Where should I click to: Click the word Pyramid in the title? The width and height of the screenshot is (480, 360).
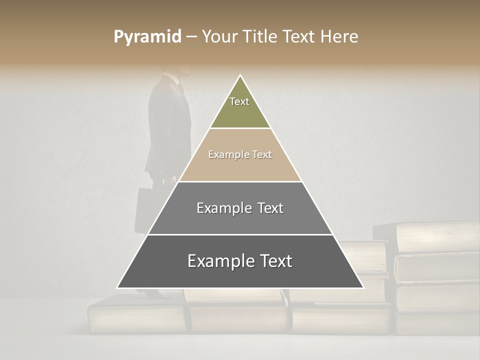coord(147,37)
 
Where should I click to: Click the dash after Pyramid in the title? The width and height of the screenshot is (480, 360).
coord(191,37)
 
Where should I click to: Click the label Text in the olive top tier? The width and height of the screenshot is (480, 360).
coord(239,101)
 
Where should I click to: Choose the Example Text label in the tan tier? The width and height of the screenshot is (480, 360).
coord(240,154)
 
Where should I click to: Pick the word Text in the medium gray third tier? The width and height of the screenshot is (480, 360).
coord(270,208)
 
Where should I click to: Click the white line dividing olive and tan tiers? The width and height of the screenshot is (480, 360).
coord(240,128)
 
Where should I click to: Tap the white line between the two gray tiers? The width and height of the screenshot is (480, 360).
coord(240,234)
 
